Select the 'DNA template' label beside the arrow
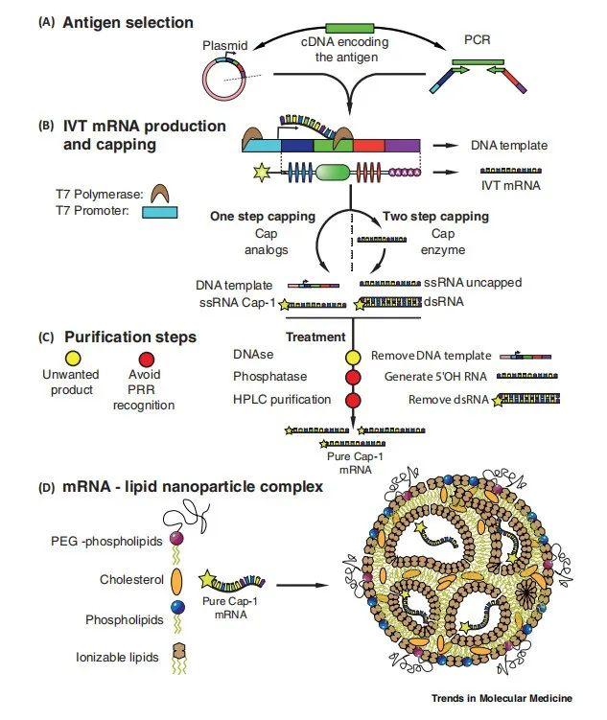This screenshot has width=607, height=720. point(509,146)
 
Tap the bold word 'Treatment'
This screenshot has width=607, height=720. point(316,337)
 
